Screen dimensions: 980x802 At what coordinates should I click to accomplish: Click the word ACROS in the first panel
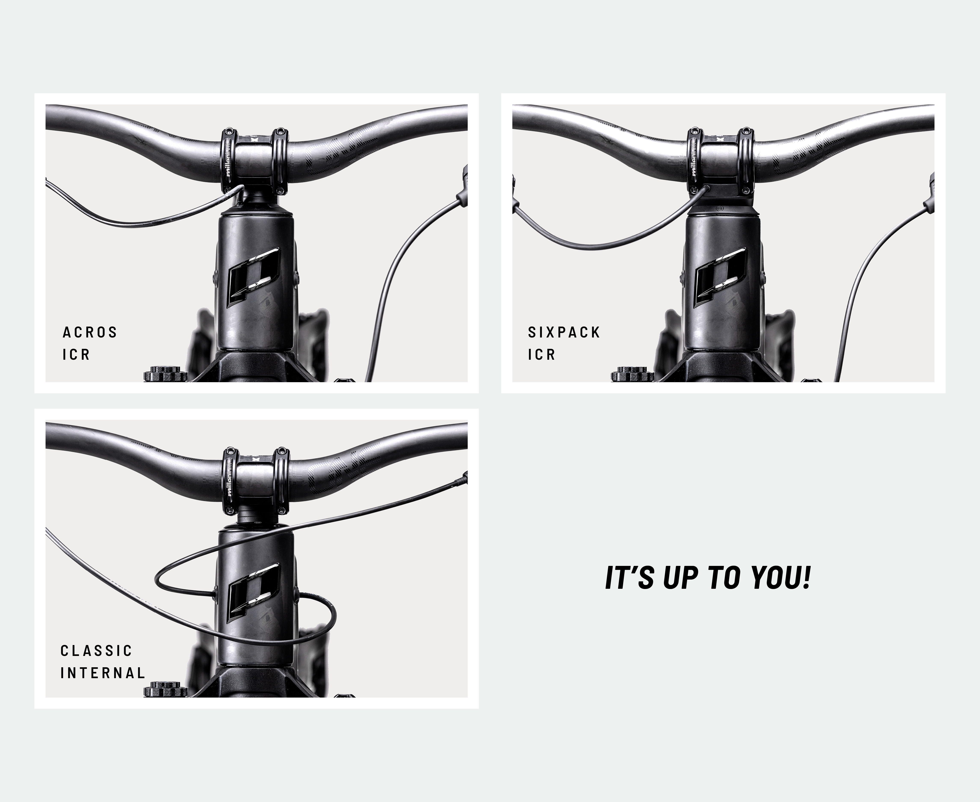(x=90, y=332)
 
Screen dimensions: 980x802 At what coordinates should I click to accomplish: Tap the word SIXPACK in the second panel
(x=564, y=332)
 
